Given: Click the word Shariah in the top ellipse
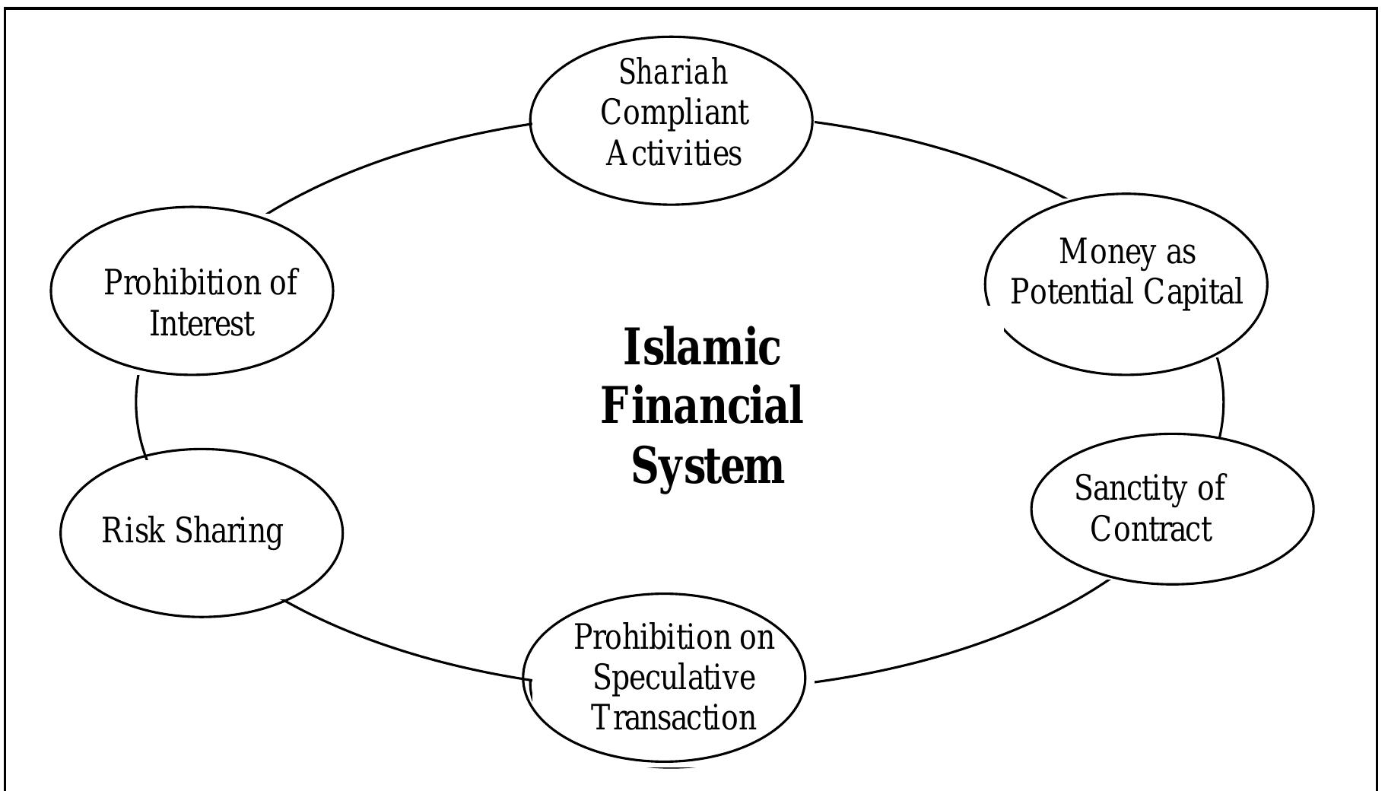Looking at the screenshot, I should coord(673,73).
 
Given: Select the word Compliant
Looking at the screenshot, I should coord(674,113).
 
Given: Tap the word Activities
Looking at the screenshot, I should coord(673,154).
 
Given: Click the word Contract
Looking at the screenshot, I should coord(1150,529).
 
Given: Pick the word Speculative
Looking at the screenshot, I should coord(674,678).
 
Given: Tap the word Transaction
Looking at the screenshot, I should coord(674,718).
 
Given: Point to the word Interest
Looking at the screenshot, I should coord(201,324).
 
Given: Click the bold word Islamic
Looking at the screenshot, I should coord(701,348).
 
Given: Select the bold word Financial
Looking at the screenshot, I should coord(701,405).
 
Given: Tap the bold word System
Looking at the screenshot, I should coord(707,465).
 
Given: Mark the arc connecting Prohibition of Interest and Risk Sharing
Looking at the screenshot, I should coord(137,415).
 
